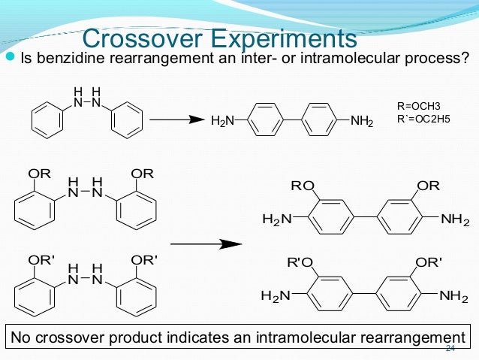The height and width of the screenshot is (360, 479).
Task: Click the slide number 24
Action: (450, 349)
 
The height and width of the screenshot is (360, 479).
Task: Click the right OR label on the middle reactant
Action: (142, 174)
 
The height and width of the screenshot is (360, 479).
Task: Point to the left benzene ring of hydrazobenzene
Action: (48, 119)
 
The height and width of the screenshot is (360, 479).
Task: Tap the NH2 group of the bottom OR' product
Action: (454, 296)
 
